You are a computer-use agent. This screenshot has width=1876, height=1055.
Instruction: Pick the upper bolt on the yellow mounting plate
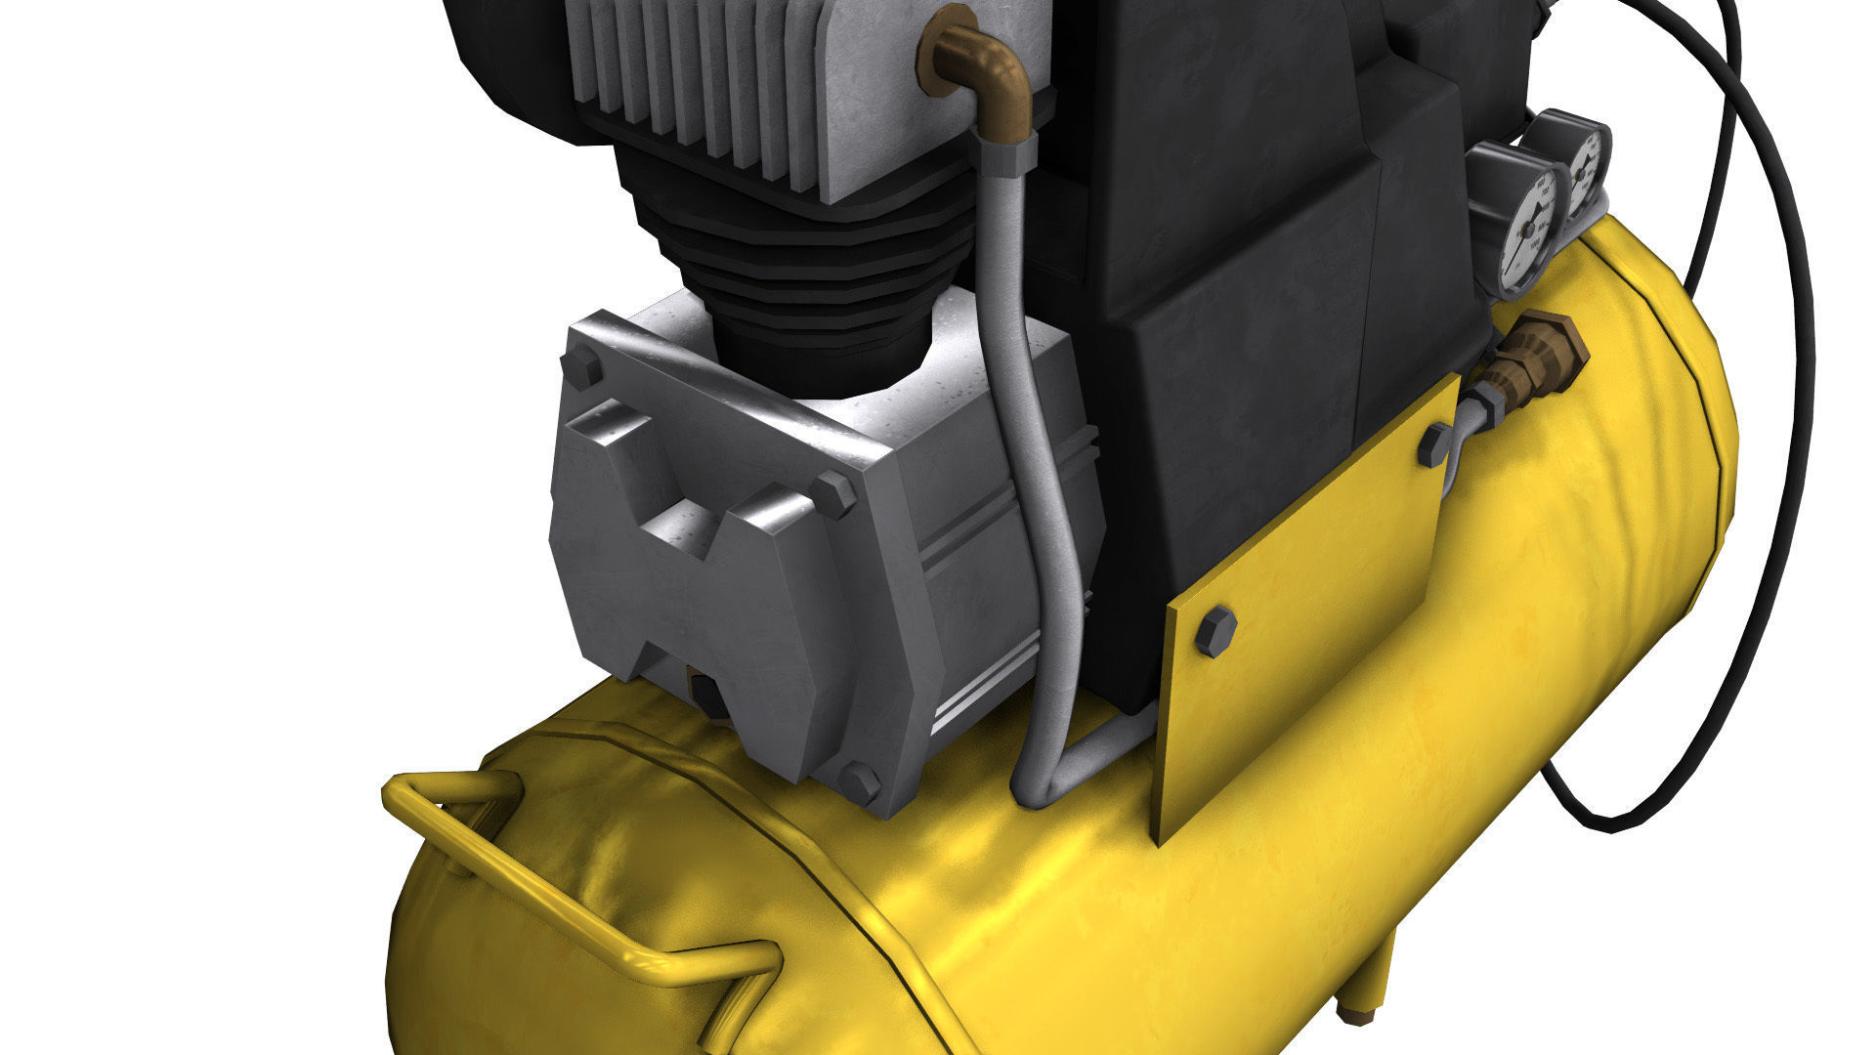[x=1434, y=444]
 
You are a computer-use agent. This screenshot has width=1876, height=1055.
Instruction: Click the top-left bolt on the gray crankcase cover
[x=582, y=369]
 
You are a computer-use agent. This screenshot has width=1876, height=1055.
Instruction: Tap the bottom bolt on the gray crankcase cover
[x=859, y=781]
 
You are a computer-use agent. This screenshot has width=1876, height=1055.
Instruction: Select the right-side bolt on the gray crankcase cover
[x=831, y=494]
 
